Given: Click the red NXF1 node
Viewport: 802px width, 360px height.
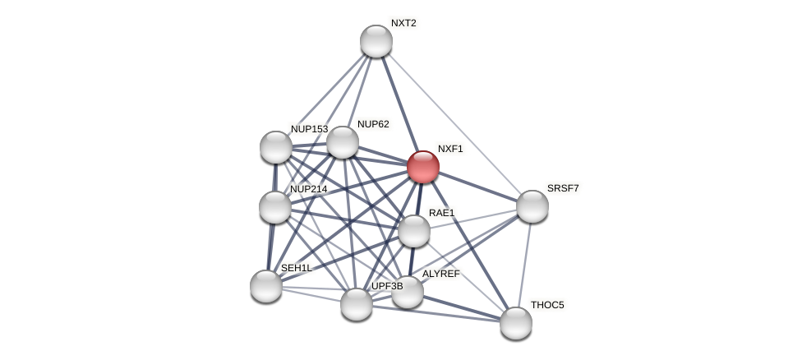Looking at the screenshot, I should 423,167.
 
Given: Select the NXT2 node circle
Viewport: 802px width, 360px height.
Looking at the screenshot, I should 376,41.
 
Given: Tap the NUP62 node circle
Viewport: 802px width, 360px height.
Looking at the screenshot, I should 343,142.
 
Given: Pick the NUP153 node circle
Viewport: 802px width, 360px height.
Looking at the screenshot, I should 276,147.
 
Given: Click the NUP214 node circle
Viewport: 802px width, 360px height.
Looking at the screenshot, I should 275,207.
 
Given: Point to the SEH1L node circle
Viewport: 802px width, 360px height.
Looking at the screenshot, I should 266,286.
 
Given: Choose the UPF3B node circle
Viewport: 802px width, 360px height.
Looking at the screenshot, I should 357,304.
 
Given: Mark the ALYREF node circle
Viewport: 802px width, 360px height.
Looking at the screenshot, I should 408,292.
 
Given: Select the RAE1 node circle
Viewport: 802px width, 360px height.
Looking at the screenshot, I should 414,231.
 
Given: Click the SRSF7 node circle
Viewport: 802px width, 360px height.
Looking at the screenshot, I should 532,206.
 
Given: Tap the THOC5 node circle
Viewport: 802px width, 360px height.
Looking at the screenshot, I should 516,323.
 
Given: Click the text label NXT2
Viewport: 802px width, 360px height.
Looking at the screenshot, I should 403,23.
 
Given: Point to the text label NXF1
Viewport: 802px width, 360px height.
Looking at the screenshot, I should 450,149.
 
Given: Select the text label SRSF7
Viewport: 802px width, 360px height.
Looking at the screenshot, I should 563,188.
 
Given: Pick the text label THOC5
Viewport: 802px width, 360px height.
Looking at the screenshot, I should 547,305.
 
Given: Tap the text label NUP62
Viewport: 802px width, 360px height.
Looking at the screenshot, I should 373,124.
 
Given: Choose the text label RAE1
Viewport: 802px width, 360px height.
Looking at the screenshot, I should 441,213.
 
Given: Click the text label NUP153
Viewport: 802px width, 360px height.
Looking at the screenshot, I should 309,129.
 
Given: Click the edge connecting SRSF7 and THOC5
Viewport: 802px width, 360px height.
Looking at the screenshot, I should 524,265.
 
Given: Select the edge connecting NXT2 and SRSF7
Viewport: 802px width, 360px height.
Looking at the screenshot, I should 454,123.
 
